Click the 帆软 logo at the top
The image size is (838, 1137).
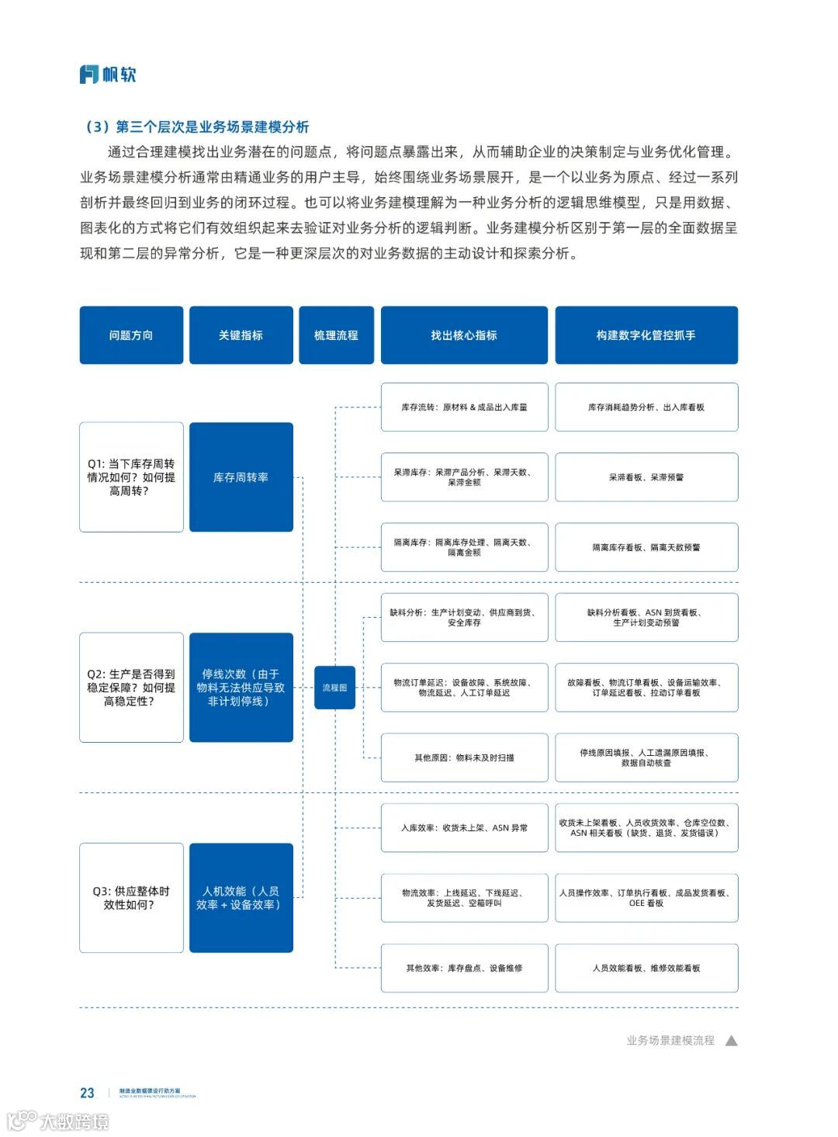(x=108, y=75)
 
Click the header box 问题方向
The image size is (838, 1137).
(x=131, y=335)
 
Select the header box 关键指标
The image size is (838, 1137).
(x=241, y=335)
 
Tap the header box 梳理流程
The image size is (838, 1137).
(x=336, y=335)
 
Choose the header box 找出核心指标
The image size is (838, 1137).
(x=464, y=335)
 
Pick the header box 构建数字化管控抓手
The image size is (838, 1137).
(x=646, y=335)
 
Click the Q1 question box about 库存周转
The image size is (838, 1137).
(x=131, y=477)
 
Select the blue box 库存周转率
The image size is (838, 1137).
(x=241, y=477)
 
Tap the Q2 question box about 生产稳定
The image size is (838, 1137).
(x=131, y=688)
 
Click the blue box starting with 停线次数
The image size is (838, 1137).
(x=241, y=688)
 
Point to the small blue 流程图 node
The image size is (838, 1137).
(x=334, y=688)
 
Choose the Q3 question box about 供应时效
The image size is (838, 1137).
(x=131, y=898)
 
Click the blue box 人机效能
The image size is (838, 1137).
(x=241, y=898)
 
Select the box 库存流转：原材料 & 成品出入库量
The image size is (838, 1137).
(x=464, y=407)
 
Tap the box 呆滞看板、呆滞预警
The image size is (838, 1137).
(x=646, y=477)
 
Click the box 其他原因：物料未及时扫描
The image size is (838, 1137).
(x=464, y=757)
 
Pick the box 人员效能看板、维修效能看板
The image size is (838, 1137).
(x=646, y=968)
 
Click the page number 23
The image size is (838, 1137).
(x=87, y=1093)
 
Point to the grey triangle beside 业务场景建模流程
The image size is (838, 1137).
(x=731, y=1041)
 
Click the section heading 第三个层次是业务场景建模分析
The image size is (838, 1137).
(x=212, y=127)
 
